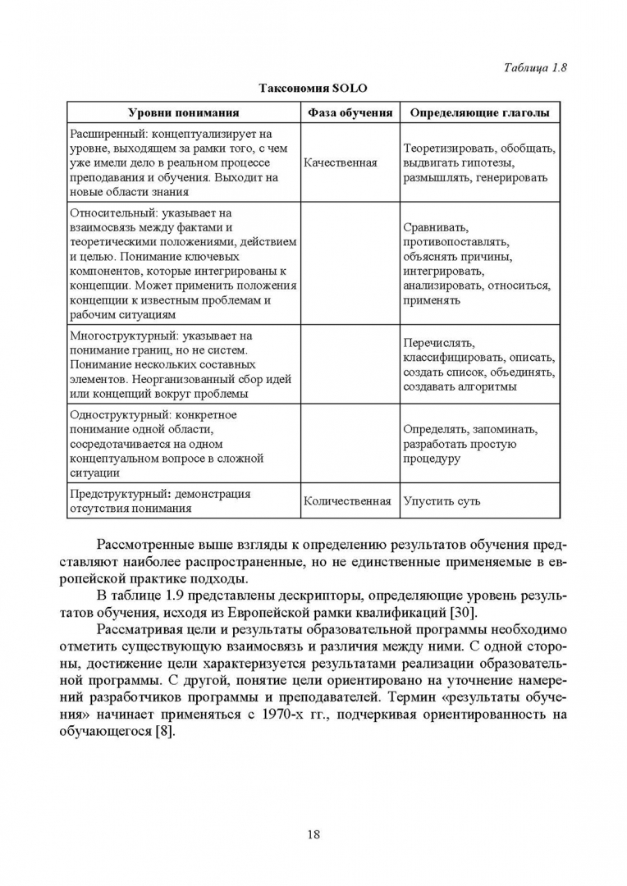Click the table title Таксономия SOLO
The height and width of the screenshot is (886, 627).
[313, 88]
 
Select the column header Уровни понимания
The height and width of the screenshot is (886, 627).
[183, 112]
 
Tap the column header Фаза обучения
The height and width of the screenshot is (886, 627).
[350, 112]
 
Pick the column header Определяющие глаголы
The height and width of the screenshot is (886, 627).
[479, 112]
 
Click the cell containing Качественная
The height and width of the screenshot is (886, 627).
[340, 162]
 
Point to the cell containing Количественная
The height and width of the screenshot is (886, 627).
[346, 500]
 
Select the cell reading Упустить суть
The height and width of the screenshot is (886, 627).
[442, 500]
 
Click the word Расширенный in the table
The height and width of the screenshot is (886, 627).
[104, 134]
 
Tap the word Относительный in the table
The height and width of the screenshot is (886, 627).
[107, 212]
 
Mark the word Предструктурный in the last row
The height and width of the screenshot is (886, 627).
[118, 494]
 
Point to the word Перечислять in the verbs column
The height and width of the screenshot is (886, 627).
[439, 343]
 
